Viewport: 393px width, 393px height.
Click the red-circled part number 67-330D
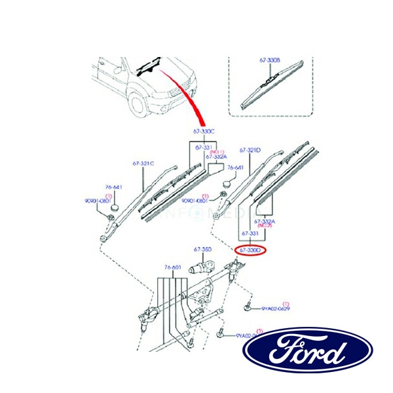(250, 250)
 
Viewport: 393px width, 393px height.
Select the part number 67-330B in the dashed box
(269, 60)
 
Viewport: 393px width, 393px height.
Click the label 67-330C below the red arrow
(204, 132)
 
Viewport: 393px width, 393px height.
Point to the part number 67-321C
(143, 163)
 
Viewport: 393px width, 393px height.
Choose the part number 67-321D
(250, 150)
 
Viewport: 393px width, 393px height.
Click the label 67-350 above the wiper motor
(202, 250)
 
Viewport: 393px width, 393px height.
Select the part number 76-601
(172, 267)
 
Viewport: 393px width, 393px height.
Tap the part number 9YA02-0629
(276, 307)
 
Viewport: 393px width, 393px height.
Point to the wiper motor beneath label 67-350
(200, 268)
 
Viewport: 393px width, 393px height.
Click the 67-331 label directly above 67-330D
(250, 233)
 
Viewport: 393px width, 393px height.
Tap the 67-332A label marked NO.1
(215, 157)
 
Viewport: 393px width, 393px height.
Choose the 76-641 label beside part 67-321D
(234, 168)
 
